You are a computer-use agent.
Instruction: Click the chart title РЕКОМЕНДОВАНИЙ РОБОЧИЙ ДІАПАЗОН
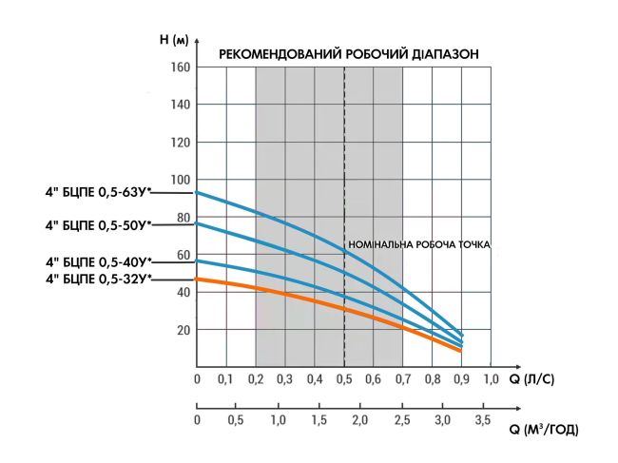point(348,54)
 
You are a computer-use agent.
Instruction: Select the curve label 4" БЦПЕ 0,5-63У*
point(98,193)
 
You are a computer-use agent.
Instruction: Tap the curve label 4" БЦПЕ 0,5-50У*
point(98,225)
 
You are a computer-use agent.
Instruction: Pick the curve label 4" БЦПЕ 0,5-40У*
point(98,260)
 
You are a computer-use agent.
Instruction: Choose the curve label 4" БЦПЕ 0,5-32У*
point(98,279)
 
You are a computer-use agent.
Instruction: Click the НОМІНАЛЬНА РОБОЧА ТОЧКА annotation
point(419,245)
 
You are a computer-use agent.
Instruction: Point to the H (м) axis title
point(175,41)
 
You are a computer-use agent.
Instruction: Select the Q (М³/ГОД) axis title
point(543,430)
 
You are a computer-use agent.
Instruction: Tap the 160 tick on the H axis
point(180,68)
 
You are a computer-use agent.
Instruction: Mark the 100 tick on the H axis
point(180,180)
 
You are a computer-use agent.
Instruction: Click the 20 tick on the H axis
point(182,330)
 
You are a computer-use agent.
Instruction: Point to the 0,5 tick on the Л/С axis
point(343,380)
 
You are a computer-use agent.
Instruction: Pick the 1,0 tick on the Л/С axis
point(491,380)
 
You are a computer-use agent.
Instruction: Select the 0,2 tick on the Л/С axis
point(256,380)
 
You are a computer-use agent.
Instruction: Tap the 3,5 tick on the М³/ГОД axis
point(483,419)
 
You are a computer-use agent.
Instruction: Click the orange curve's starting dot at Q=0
point(197,279)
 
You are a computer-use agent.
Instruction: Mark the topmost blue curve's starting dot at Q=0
point(197,193)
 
